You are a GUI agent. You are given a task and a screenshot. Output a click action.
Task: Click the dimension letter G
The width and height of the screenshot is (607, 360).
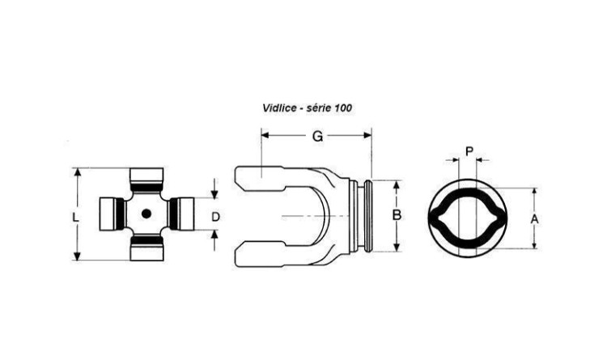click(x=317, y=136)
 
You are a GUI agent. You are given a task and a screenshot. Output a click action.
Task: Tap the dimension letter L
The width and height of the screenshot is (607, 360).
click(x=75, y=218)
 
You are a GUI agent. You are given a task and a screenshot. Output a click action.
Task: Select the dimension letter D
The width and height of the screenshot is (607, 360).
click(x=215, y=217)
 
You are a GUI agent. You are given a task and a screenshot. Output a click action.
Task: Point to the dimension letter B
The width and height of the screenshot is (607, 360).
click(x=397, y=215)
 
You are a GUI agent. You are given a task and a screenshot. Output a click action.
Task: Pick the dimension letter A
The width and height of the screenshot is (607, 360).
click(x=534, y=219)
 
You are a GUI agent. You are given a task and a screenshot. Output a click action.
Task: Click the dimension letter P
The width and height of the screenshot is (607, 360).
click(x=469, y=151)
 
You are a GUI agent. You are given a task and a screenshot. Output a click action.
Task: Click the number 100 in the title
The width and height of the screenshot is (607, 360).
click(x=343, y=108)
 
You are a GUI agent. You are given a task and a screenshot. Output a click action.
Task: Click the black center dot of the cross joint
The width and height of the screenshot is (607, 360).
click(x=146, y=214)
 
